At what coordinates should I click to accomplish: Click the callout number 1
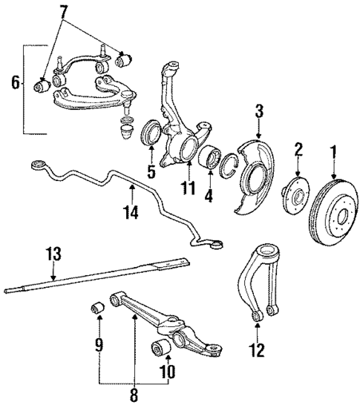click(x=333, y=154)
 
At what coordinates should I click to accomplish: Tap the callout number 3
click(x=259, y=113)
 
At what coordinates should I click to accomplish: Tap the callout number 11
click(x=189, y=188)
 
